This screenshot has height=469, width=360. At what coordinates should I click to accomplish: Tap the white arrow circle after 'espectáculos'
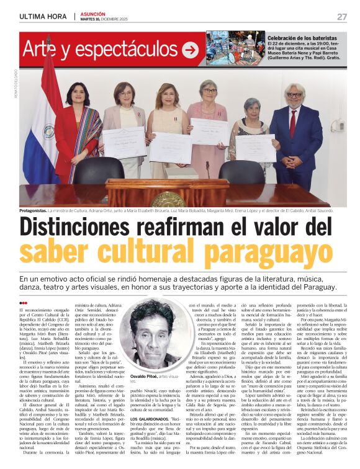(190, 49)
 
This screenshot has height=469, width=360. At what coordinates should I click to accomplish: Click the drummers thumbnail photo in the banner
(227, 48)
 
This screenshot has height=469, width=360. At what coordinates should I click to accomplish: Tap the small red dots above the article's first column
(23, 303)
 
